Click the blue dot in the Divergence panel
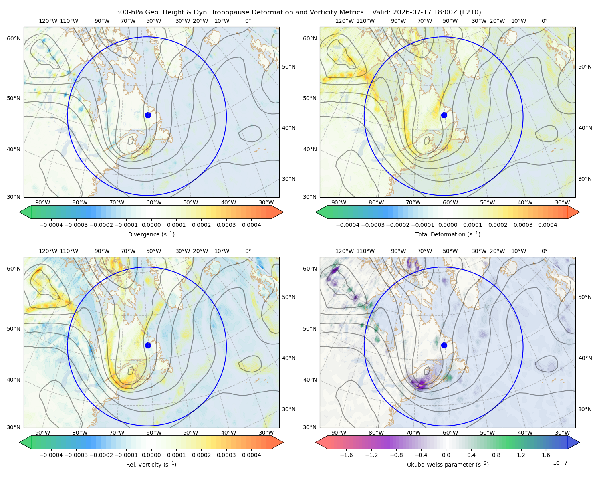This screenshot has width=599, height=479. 148,115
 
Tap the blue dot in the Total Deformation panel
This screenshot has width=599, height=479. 444,115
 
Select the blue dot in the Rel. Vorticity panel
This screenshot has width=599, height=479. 148,345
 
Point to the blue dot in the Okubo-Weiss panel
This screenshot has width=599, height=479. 444,345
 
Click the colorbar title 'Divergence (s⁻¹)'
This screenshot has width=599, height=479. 151,234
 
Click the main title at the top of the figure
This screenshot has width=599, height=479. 298,12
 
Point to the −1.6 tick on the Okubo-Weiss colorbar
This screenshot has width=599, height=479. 346,455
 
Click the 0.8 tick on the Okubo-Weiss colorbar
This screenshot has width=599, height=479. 496,455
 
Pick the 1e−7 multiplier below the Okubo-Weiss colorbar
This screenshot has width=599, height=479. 560,463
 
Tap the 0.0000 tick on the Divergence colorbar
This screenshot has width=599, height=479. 151,225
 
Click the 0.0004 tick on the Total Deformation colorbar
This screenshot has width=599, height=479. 547,225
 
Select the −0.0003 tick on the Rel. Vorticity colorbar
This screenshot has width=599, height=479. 76,455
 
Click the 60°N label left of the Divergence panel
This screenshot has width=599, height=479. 14,38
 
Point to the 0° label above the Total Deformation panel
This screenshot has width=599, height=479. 544,21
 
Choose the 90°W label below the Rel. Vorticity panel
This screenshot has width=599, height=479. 43,433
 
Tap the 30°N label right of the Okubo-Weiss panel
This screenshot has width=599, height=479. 585,409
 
